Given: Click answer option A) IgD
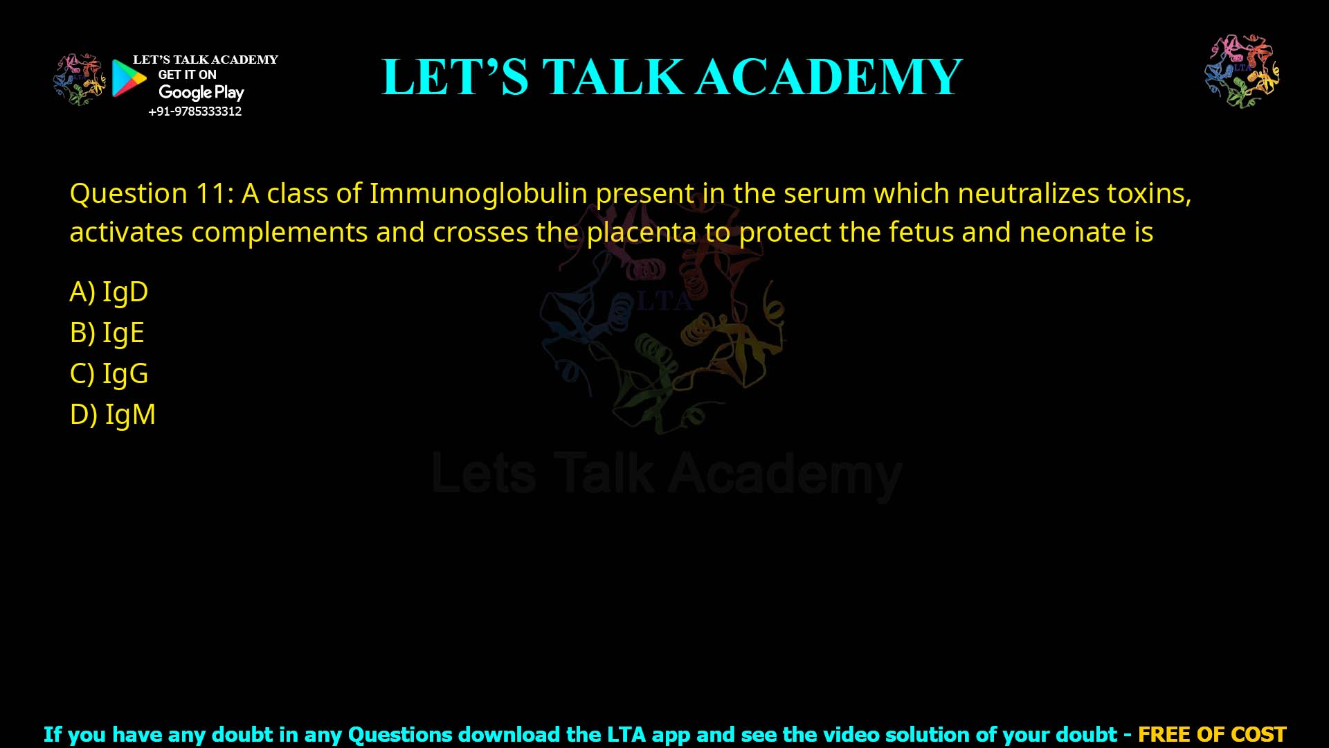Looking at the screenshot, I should (x=109, y=292).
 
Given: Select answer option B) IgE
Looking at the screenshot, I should (x=107, y=332).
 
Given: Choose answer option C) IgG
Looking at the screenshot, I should (x=109, y=373).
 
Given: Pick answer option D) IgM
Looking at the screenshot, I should (x=113, y=414).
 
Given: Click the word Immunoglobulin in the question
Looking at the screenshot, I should (x=478, y=193).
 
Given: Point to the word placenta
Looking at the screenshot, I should (x=642, y=233).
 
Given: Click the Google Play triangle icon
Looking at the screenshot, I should (x=129, y=78).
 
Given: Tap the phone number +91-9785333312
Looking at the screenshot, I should (x=195, y=112).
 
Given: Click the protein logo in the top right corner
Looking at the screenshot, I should (x=1242, y=71).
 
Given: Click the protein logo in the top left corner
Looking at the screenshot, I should (x=80, y=79).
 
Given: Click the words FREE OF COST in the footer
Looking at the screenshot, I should (x=1212, y=734).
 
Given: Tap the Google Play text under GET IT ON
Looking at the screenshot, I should (x=201, y=93).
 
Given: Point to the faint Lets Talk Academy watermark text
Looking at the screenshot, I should (x=667, y=474).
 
